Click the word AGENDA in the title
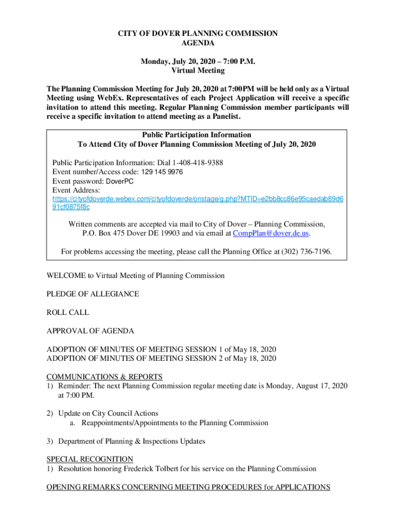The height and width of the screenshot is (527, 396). point(198,44)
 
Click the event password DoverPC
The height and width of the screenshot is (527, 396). point(123,181)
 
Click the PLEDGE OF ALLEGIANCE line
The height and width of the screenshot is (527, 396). point(93,294)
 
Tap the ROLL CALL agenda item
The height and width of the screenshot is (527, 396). point(67,312)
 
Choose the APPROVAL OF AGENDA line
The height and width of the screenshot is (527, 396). point(90,330)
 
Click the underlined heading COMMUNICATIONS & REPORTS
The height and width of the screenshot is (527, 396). point(104,377)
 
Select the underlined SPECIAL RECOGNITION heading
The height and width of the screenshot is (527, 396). point(90,459)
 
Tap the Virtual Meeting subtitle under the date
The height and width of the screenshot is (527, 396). point(198,71)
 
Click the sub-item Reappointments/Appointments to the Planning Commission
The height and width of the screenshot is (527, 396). point(174,423)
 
